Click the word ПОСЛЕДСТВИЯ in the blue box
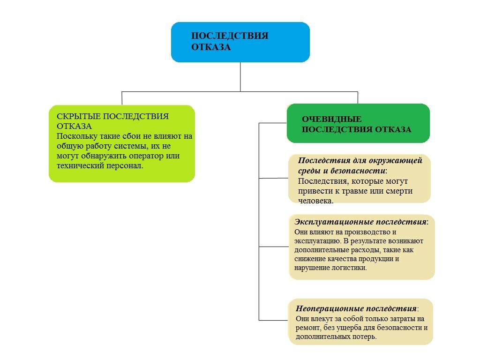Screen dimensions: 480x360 [x=230, y=36]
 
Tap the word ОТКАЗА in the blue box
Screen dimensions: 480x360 [x=211, y=47]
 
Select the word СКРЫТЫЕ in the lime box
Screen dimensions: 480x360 [x=79, y=116]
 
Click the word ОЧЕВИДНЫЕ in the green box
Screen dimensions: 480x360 [x=331, y=119]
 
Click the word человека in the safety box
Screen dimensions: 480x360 [x=315, y=201]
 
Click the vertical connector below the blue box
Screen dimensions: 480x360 [x=240, y=77]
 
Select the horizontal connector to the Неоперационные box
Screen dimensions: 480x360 [x=273, y=320]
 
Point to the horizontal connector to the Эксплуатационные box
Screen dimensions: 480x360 [x=274, y=247]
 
